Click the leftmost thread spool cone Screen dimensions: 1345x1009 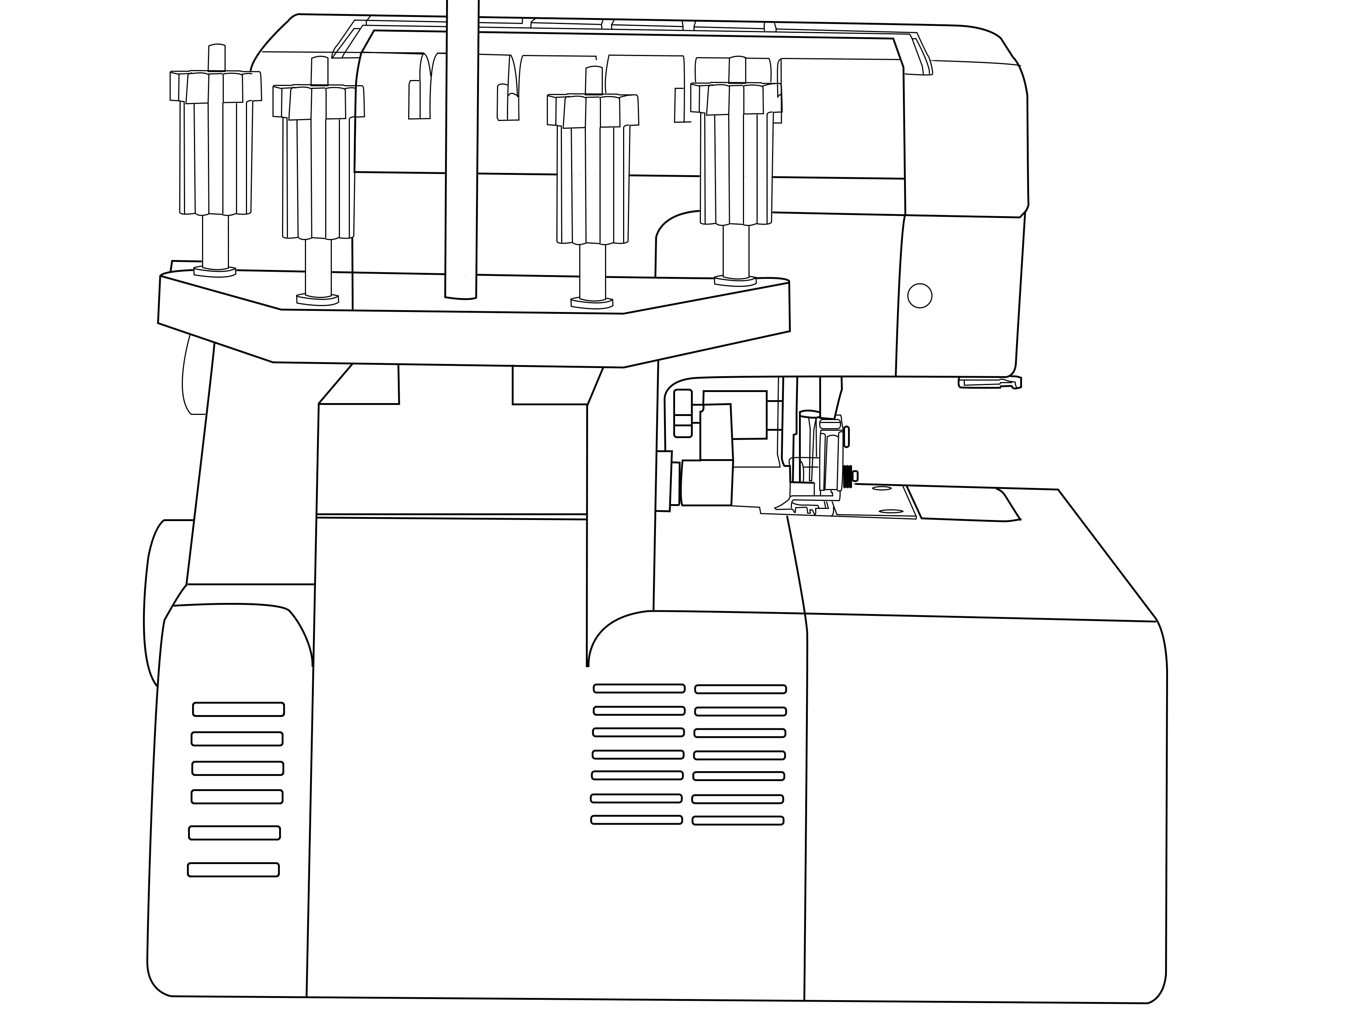click(x=216, y=146)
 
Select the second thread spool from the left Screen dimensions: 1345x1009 click(x=319, y=164)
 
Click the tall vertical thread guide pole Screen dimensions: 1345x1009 click(x=461, y=152)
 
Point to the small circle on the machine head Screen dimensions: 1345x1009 click(x=920, y=296)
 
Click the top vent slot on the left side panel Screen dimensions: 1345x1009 click(x=238, y=709)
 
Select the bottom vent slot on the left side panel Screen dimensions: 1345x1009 click(x=233, y=870)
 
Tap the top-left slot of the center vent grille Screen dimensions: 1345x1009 click(x=639, y=689)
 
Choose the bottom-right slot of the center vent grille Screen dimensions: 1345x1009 click(x=737, y=821)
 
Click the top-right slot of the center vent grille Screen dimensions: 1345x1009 click(x=741, y=689)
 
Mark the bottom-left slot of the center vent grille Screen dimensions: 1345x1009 click(x=636, y=820)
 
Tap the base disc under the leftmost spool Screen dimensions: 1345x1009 click(x=215, y=271)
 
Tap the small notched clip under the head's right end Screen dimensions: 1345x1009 click(x=990, y=382)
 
